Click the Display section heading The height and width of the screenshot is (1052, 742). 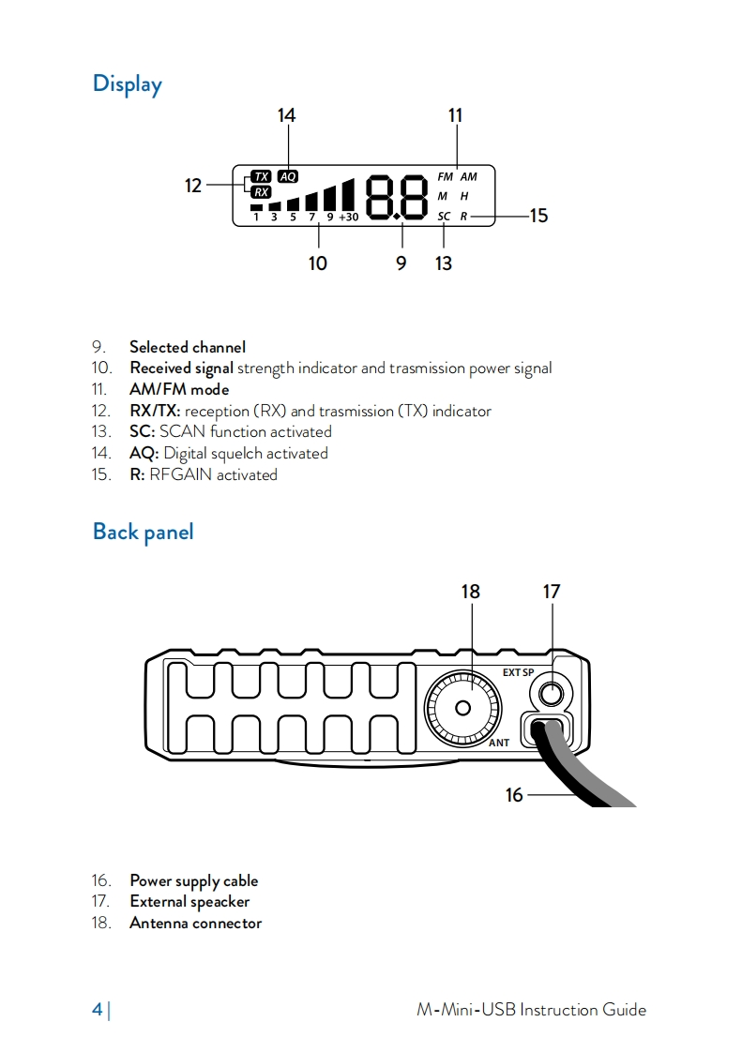click(x=127, y=84)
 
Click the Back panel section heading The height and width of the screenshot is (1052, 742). click(x=143, y=533)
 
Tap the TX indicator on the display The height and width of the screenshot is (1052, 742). click(x=260, y=176)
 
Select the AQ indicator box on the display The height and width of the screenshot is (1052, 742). click(x=288, y=176)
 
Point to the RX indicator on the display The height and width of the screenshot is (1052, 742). click(x=260, y=191)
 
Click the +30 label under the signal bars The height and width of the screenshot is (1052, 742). click(x=349, y=218)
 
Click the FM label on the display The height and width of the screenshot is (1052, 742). click(x=445, y=176)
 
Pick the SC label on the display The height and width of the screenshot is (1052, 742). click(x=444, y=217)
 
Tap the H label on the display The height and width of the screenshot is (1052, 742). click(x=463, y=197)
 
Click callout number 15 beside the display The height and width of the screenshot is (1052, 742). click(x=538, y=216)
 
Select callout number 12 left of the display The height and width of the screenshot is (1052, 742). click(x=193, y=186)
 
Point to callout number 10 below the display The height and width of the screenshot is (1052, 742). click(x=318, y=263)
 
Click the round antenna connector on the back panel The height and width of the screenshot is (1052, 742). click(x=464, y=707)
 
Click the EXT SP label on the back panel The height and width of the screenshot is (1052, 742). click(x=518, y=672)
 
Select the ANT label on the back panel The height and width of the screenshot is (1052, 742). click(x=499, y=743)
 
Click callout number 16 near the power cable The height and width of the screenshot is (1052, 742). click(x=514, y=795)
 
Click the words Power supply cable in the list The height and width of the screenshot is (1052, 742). click(x=193, y=880)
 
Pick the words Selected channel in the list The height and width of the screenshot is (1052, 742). click(x=188, y=347)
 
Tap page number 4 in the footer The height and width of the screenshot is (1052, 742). click(x=97, y=1010)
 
